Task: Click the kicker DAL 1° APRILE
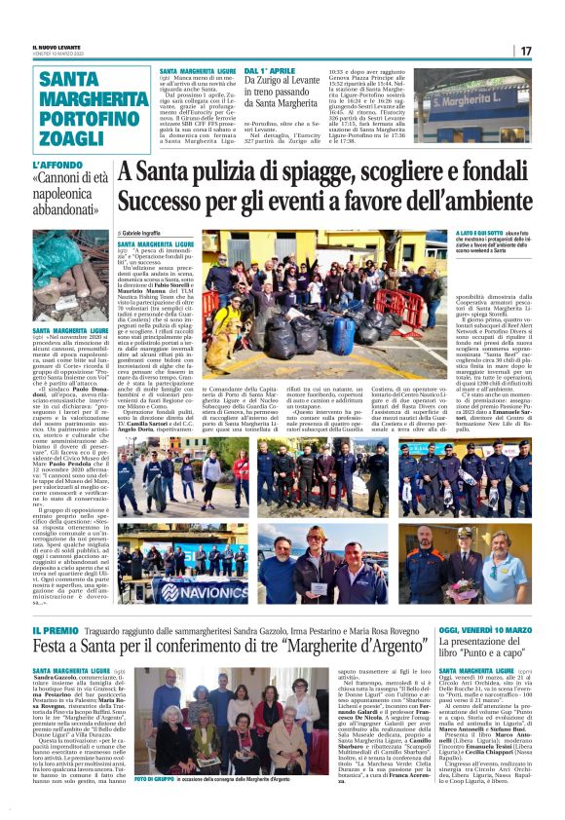click(x=272, y=72)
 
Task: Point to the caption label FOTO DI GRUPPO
click(x=155, y=780)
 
